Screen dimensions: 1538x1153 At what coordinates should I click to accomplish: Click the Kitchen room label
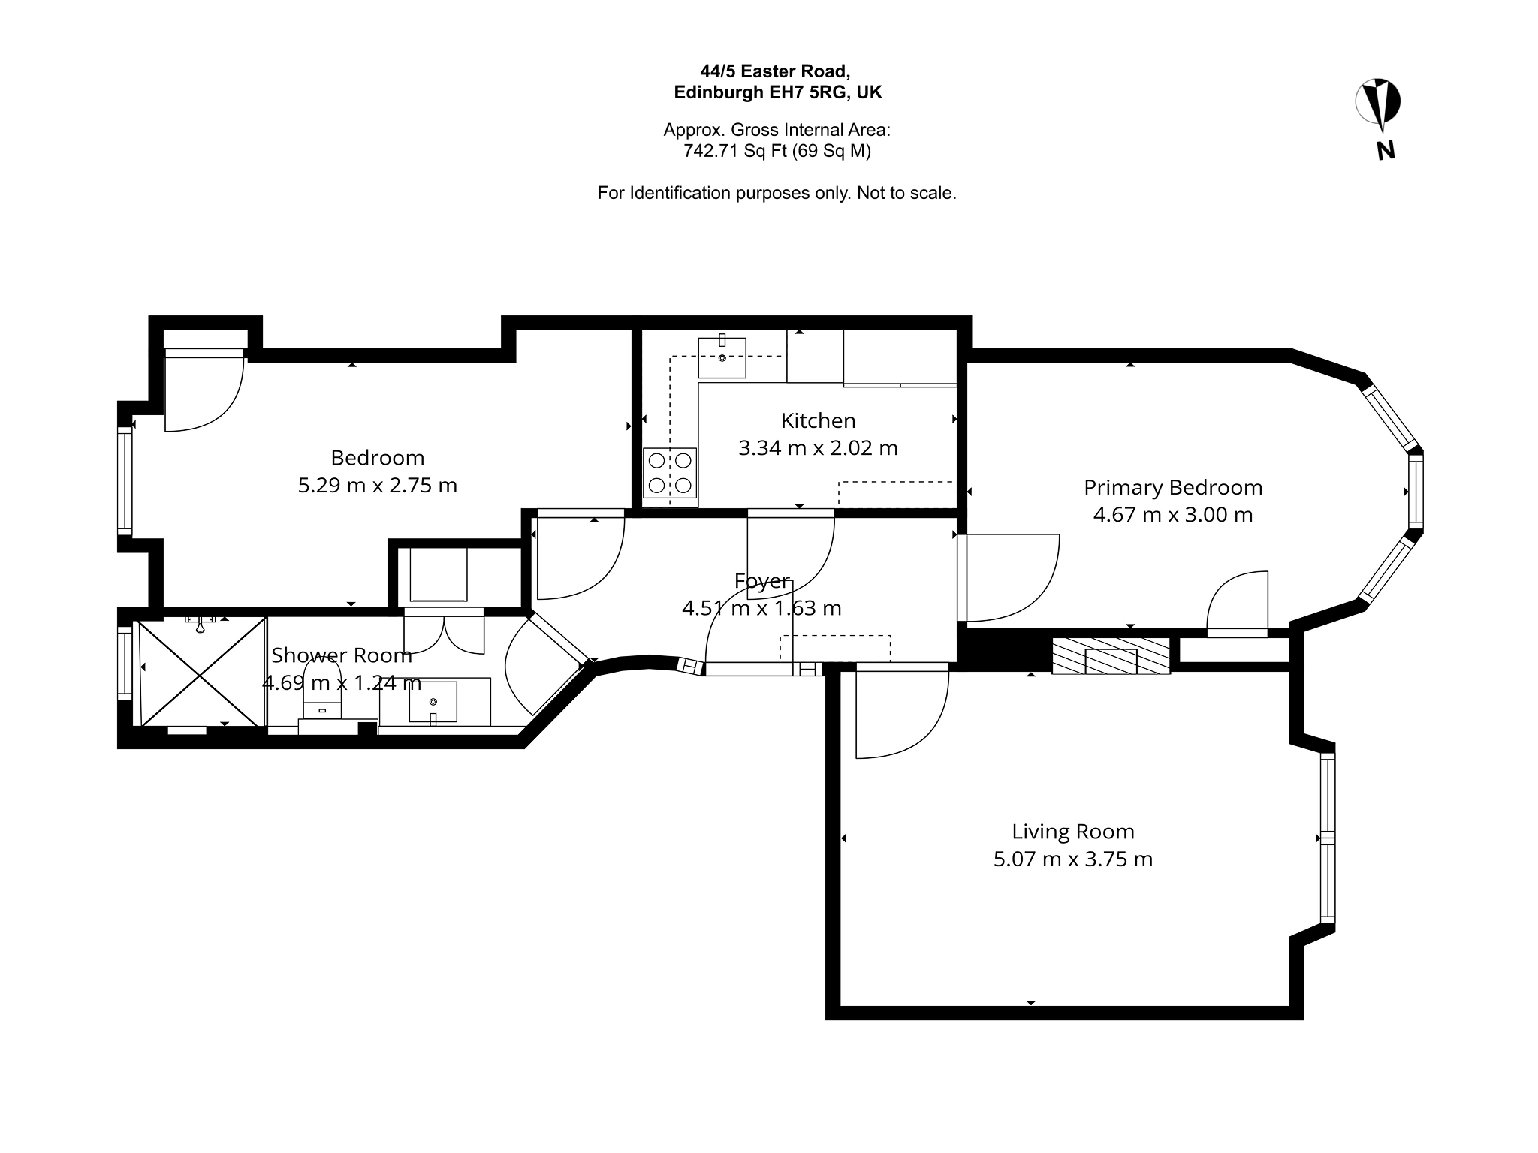[818, 420]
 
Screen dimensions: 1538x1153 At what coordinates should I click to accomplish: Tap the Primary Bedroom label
[1173, 488]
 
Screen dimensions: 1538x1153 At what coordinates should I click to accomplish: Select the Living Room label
[1072, 832]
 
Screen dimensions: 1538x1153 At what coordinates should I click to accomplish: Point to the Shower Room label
[342, 655]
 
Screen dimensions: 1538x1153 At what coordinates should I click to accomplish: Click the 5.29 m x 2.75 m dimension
[378, 486]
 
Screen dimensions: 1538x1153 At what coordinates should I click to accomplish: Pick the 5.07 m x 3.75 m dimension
[1073, 859]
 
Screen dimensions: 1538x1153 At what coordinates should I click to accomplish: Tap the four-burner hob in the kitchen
[670, 473]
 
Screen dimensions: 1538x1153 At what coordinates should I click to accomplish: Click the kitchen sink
[722, 357]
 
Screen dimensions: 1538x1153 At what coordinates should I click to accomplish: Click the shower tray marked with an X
[201, 672]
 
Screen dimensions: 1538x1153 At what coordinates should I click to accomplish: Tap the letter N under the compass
[1386, 151]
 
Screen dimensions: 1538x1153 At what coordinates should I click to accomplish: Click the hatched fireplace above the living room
[1111, 656]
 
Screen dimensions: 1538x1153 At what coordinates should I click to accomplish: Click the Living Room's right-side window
[1328, 838]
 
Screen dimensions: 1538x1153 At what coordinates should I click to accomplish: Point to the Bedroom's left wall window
[125, 480]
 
